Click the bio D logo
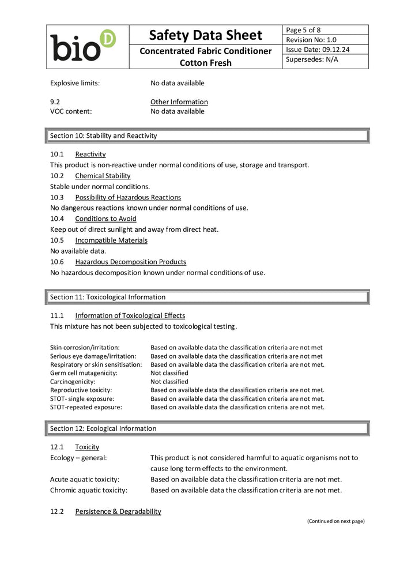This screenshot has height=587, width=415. pyautogui.click(x=82, y=46)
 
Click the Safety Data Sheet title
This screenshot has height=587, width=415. pyautogui.click(x=205, y=35)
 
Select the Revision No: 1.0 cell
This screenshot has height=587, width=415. pyautogui.click(x=311, y=40)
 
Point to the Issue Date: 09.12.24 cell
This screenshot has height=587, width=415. pyautogui.click(x=318, y=50)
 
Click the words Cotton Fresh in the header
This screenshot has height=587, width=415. pyautogui.click(x=205, y=63)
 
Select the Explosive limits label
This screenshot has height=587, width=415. pyautogui.click(x=75, y=83)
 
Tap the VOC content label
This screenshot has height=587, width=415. pyautogui.click(x=71, y=111)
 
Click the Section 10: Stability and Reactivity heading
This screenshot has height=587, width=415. pyautogui.click(x=104, y=136)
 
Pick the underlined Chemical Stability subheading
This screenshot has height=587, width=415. pyautogui.click(x=103, y=176)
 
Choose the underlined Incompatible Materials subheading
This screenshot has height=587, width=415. pyautogui.click(x=111, y=240)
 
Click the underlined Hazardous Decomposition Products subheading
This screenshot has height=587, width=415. pyautogui.click(x=130, y=262)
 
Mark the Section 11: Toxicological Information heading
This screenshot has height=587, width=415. pyautogui.click(x=108, y=298)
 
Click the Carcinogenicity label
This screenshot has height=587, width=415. pyautogui.click(x=73, y=382)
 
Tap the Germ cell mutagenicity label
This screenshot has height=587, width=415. pyautogui.click(x=84, y=373)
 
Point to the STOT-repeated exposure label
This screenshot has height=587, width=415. pyautogui.click(x=86, y=407)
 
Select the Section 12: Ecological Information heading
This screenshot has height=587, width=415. pyautogui.click(x=103, y=429)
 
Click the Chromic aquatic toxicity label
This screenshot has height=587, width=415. pyautogui.click(x=89, y=491)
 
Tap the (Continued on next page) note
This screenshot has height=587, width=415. pyautogui.click(x=335, y=521)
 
